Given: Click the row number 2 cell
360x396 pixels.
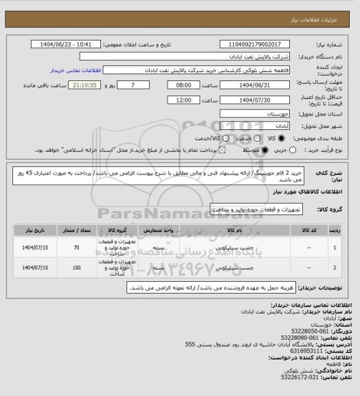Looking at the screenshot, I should pos(335,267).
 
